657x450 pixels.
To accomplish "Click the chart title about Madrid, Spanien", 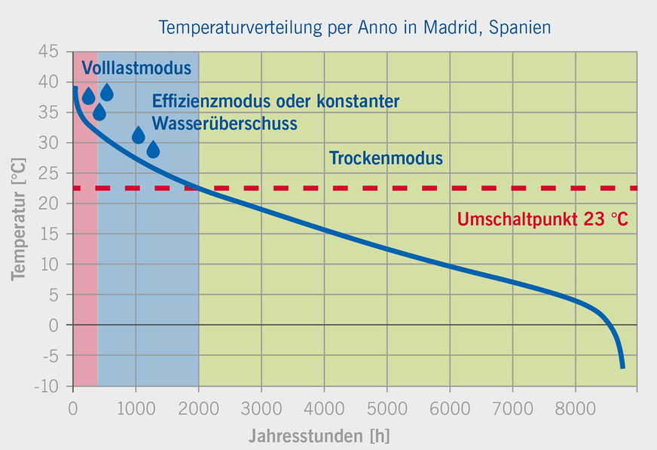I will click(x=354, y=28).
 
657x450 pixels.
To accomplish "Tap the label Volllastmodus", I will click(x=136, y=69).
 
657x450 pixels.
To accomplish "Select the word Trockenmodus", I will click(x=386, y=158).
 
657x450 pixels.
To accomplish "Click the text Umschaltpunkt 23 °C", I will click(x=542, y=220).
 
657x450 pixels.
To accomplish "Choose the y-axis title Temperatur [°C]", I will click(x=18, y=219).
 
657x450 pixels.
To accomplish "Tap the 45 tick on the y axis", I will click(x=48, y=52).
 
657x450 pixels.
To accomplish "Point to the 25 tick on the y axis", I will click(x=48, y=173).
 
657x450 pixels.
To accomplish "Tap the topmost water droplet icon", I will click(x=107, y=93).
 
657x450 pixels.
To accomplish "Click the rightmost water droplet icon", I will click(x=153, y=150).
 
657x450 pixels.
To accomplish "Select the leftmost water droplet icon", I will click(x=88, y=96).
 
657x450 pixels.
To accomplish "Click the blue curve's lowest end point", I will click(x=623, y=367).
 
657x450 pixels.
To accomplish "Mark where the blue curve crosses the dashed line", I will click(x=197, y=188).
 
